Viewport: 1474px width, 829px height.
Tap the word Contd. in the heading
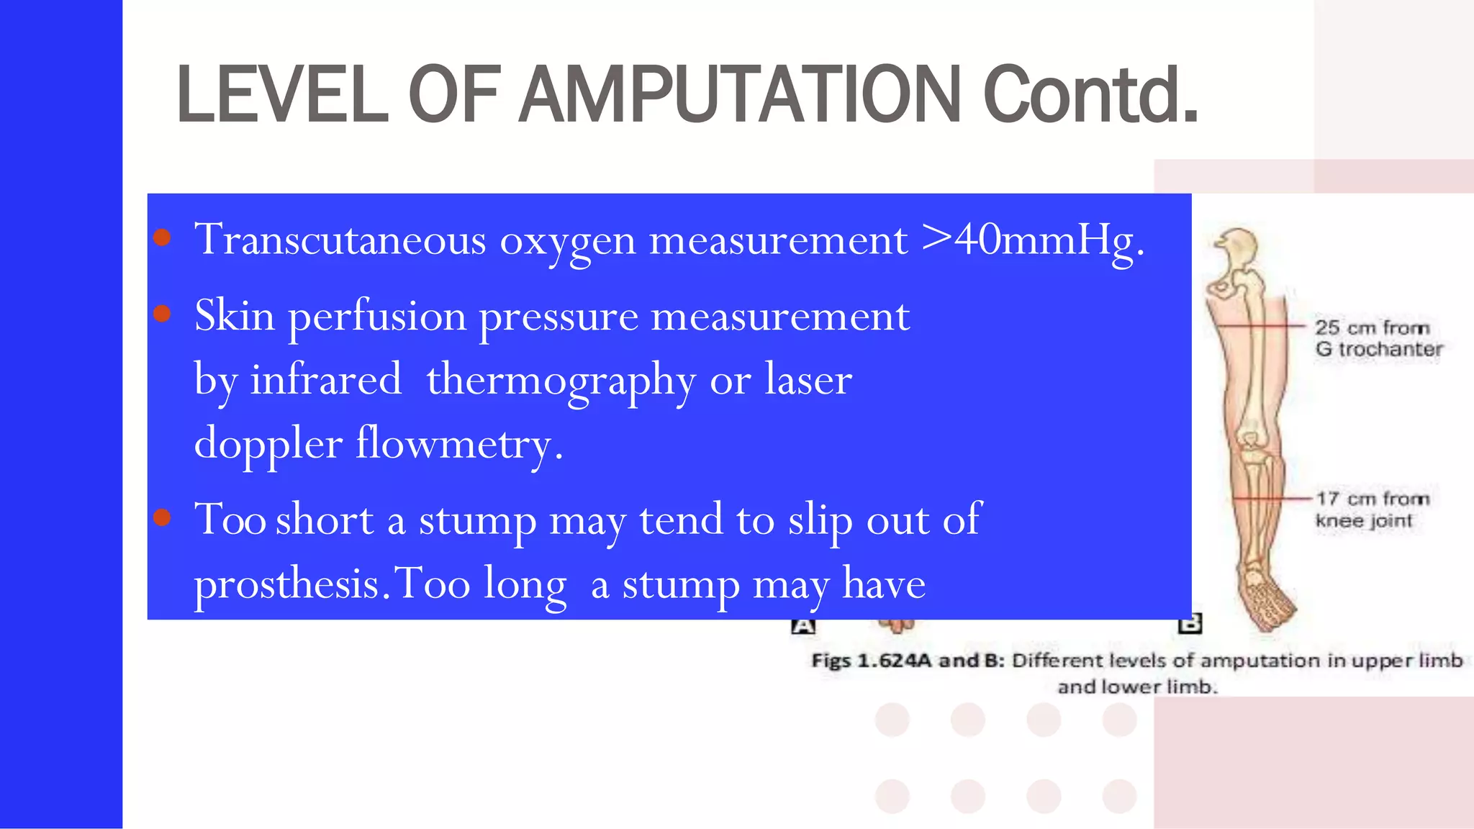pos(1090,94)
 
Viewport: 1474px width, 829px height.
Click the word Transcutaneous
pos(340,240)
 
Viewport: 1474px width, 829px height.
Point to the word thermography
pos(561,380)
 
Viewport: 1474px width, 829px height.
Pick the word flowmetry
pos(459,443)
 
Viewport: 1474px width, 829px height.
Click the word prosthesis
pos(287,583)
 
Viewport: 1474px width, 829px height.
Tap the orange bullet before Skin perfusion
pos(162,314)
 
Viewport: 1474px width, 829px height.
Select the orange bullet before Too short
pos(162,517)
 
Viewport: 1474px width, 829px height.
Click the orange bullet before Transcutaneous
pos(162,237)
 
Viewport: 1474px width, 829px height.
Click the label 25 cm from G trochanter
pos(1378,338)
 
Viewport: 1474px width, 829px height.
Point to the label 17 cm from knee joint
pos(1371,509)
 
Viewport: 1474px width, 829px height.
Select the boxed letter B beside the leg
pos(1190,624)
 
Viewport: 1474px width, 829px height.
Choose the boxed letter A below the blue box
pos(803,626)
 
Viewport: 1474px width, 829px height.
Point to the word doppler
pos(268,443)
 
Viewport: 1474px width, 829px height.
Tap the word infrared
pos(325,380)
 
